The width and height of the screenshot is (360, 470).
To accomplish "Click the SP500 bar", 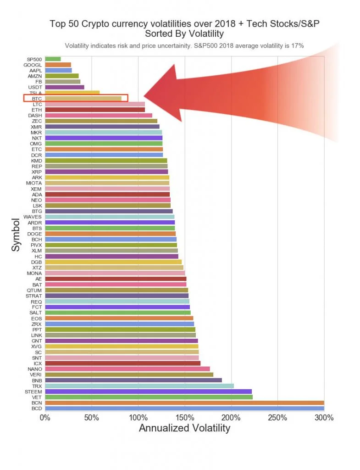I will (x=53, y=59).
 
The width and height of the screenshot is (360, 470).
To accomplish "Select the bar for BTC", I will (x=83, y=98).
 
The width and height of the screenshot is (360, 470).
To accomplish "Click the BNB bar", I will (x=133, y=380).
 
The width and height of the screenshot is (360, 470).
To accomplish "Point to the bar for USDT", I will (x=65, y=87).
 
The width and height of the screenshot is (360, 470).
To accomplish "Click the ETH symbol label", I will (x=37, y=110).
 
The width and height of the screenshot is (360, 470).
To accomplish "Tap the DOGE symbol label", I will (x=34, y=234).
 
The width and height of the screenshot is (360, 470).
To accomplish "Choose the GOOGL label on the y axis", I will (x=33, y=65).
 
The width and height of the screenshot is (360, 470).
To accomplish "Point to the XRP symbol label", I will (x=37, y=172).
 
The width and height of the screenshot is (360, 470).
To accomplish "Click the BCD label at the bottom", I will (x=37, y=408).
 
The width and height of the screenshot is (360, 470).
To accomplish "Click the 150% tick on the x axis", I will (x=184, y=418).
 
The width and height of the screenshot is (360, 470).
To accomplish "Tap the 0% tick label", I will (x=44, y=418).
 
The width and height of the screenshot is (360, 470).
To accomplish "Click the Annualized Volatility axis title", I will (x=184, y=429).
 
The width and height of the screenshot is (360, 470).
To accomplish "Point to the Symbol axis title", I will (x=17, y=234).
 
